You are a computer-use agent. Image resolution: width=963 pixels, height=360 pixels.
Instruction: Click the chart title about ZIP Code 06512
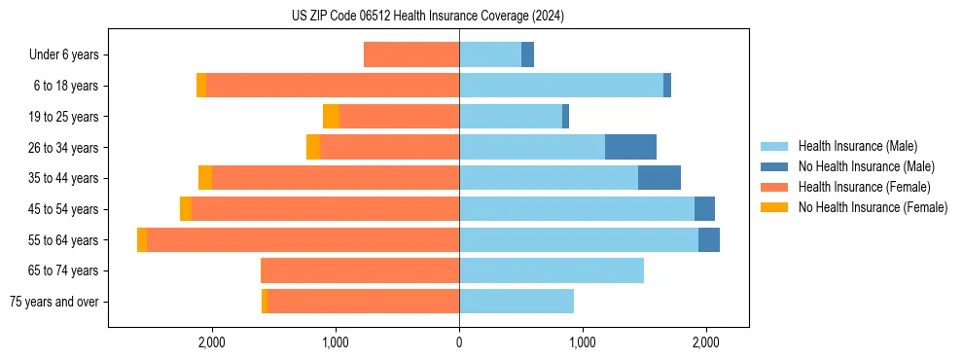click(427, 16)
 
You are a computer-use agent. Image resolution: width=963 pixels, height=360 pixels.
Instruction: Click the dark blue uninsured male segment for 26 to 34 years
click(630, 147)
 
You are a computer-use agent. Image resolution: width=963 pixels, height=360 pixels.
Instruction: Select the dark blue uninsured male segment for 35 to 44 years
click(659, 178)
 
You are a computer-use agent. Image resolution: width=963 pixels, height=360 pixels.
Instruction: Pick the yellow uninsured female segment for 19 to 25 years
click(331, 117)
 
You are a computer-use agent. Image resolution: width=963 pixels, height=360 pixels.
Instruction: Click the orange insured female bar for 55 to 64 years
click(303, 239)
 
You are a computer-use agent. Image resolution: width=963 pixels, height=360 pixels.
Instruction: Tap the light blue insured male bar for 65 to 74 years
click(552, 270)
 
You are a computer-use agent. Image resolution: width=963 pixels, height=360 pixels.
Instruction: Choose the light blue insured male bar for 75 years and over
click(517, 302)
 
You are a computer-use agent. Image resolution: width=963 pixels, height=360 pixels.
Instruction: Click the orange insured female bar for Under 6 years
click(411, 54)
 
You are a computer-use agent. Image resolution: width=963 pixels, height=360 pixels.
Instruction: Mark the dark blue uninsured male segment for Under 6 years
click(527, 54)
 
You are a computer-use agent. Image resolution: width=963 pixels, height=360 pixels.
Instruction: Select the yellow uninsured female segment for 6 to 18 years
click(201, 86)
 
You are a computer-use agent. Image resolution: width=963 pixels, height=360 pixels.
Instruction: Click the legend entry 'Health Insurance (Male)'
click(857, 146)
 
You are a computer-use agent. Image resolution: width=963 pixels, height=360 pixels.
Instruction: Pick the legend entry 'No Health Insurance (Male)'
click(866, 166)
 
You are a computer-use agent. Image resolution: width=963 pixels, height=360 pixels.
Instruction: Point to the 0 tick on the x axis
click(459, 342)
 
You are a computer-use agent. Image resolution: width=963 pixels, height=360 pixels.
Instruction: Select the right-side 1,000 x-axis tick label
click(583, 342)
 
